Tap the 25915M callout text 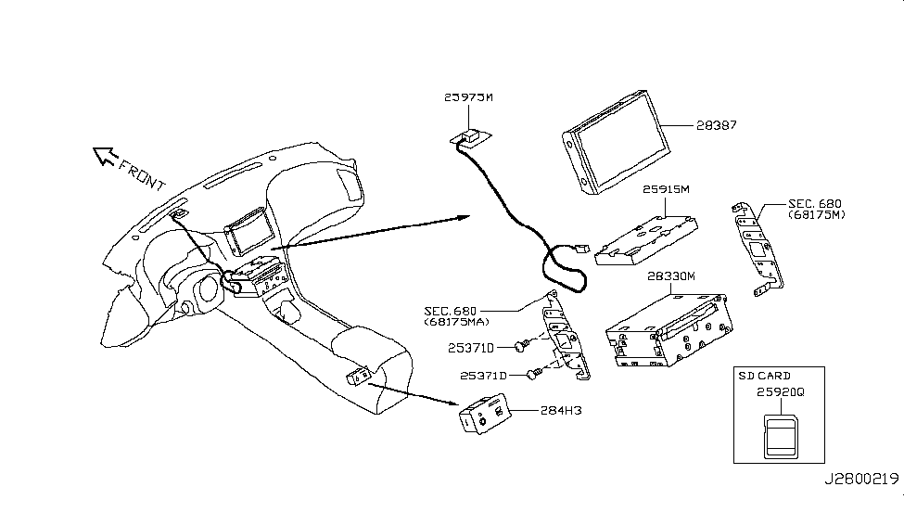coord(666,189)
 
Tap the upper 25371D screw coord(520,346)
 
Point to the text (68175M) coord(819,216)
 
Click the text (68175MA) coord(457,322)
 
